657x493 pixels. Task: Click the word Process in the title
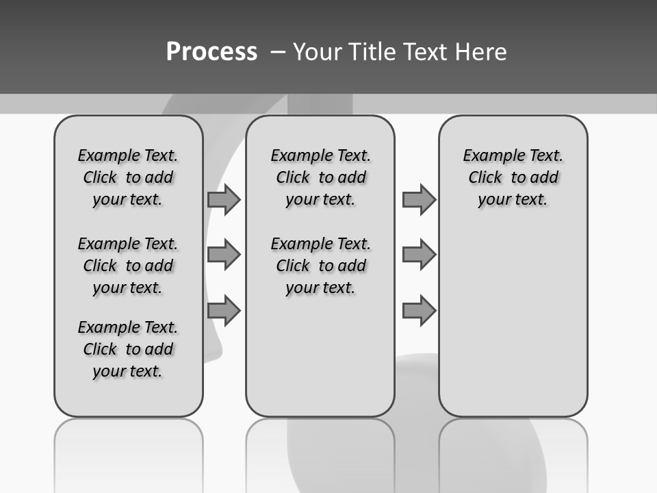(x=211, y=52)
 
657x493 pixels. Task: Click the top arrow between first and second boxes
(x=224, y=199)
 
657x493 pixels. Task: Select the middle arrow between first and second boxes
(x=224, y=255)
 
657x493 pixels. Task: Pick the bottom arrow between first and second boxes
(x=224, y=311)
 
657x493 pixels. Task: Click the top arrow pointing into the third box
(x=419, y=199)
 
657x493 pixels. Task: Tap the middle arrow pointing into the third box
(x=419, y=255)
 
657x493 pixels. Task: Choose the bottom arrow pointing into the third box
(x=419, y=311)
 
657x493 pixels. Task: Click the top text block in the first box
(x=128, y=177)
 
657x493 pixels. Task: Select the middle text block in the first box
(x=128, y=266)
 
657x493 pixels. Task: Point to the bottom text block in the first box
(x=128, y=349)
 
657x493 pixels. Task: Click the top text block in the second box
(x=320, y=177)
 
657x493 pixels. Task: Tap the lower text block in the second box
(x=320, y=266)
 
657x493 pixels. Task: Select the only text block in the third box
(x=513, y=177)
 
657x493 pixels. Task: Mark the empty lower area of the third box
(x=513, y=322)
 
